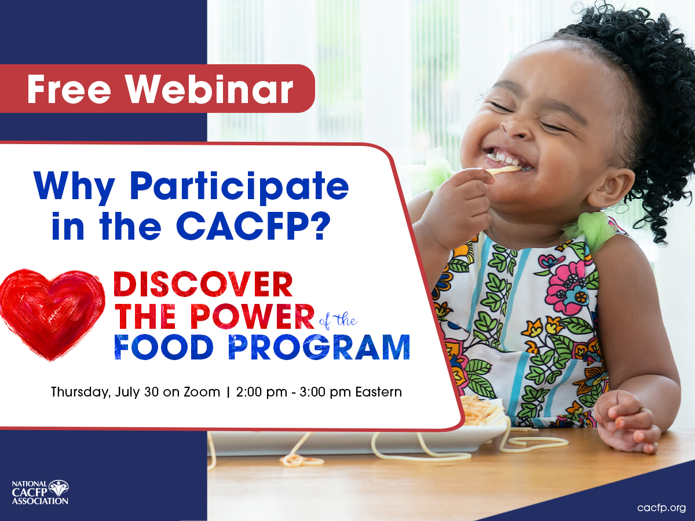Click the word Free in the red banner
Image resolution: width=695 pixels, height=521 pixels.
pyautogui.click(x=69, y=89)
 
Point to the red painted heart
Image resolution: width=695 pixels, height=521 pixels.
pyautogui.click(x=52, y=314)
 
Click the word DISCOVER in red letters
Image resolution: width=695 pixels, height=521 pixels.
pyautogui.click(x=203, y=284)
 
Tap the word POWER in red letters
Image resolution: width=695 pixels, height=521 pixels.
pyautogui.click(x=253, y=317)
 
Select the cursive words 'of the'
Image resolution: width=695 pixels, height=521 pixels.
pyautogui.click(x=338, y=321)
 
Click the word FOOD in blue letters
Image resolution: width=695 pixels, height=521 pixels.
pyautogui.click(x=164, y=347)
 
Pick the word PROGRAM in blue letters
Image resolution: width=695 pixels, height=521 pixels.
pyautogui.click(x=319, y=347)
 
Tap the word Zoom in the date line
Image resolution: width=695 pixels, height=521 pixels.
pyautogui.click(x=202, y=392)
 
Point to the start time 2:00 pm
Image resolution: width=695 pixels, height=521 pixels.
pyautogui.click(x=262, y=392)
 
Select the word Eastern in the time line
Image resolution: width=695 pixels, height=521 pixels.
pyautogui.click(x=378, y=392)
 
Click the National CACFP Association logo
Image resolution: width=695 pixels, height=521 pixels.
pyautogui.click(x=40, y=493)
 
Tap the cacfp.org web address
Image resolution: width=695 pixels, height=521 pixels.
pyautogui.click(x=661, y=508)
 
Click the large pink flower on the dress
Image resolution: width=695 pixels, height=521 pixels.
pyautogui.click(x=568, y=287)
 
